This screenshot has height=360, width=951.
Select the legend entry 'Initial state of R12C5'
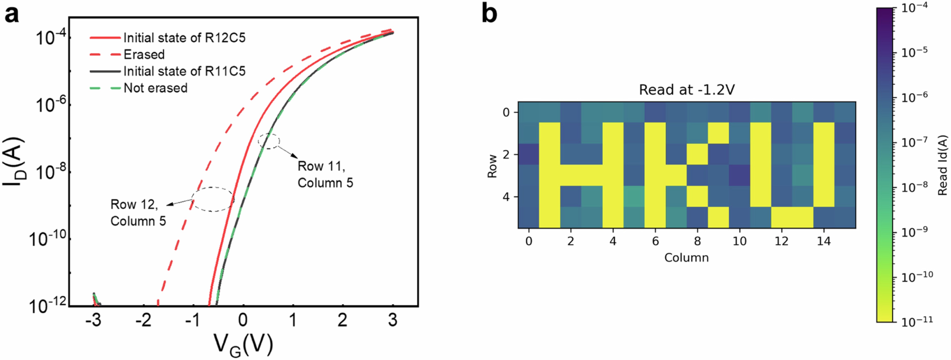(184, 38)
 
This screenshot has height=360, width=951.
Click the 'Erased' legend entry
(144, 55)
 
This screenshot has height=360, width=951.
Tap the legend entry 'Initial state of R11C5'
(184, 71)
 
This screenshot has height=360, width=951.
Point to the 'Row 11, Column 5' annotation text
(325, 174)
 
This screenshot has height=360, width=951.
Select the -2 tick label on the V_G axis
(143, 320)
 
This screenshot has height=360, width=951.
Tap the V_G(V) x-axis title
(244, 345)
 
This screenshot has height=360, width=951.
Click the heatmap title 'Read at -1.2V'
(687, 90)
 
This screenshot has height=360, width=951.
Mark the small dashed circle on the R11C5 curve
(269, 141)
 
